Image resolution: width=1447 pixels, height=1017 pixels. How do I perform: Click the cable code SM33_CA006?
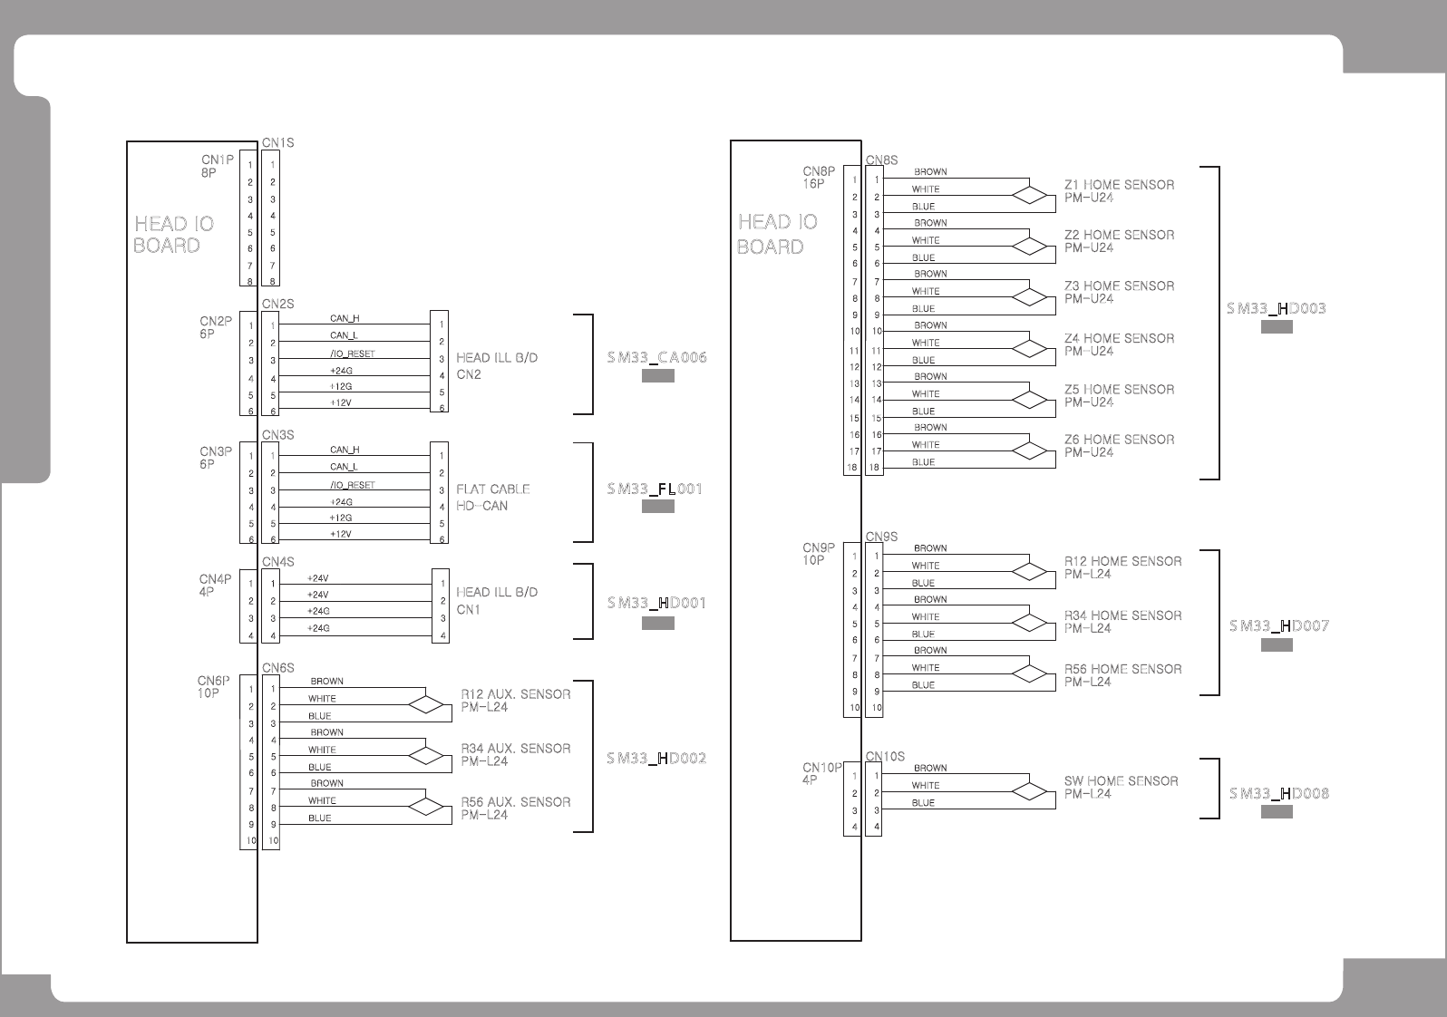657,357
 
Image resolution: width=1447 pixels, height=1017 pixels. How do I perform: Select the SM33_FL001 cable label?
655,489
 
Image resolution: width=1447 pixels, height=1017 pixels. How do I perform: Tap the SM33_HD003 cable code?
1277,308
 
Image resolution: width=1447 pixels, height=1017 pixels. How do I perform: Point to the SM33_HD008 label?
1279,793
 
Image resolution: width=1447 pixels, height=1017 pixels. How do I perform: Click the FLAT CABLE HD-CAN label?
493,498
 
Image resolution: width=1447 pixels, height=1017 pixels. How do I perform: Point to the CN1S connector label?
277,142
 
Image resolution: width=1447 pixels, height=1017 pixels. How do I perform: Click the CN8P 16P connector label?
819,178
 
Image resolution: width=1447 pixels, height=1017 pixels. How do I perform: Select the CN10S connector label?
885,756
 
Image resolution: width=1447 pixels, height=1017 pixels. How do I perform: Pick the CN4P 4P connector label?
215,585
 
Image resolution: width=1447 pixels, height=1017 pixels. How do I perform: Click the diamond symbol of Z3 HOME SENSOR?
1029,297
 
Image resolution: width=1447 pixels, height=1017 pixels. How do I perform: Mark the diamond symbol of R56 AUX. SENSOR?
426,807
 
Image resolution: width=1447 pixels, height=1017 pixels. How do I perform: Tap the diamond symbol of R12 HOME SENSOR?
1029,572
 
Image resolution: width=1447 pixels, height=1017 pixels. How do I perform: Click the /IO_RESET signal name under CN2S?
352,354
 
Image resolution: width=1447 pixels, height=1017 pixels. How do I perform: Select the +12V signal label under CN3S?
340,534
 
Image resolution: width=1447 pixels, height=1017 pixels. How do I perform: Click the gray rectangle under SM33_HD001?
657,623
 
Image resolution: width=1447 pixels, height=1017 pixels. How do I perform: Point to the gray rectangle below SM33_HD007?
1277,645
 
